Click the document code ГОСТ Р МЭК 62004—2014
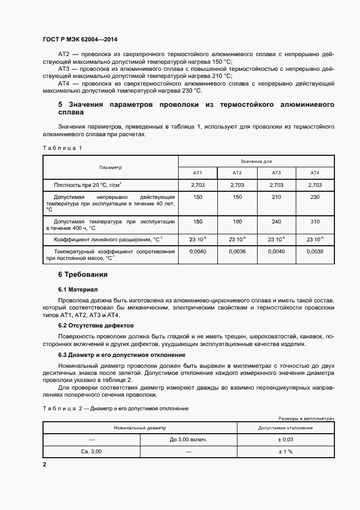tap(81, 40)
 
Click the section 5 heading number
tap(60, 104)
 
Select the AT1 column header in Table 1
tap(198, 173)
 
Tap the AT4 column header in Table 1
tap(315, 173)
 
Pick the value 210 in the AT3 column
tap(276, 197)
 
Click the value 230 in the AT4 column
tap(315, 197)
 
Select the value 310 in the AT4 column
tap(315, 222)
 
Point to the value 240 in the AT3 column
tap(276, 222)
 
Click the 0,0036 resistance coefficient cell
tap(237, 252)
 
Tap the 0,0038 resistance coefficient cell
tap(315, 252)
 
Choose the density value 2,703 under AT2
tap(237, 185)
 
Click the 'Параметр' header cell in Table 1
tap(111, 167)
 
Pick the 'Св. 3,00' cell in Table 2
tap(91, 452)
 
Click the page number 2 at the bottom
tap(45, 464)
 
